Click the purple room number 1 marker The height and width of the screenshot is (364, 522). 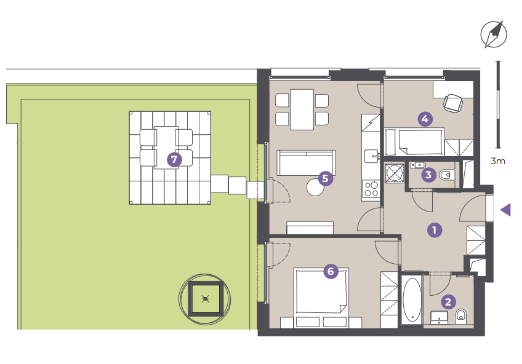pyautogui.click(x=434, y=230)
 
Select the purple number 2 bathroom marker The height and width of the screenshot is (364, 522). pyautogui.click(x=448, y=302)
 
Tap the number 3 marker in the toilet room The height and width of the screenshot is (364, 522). pyautogui.click(x=428, y=175)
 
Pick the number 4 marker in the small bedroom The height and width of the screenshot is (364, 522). pyautogui.click(x=425, y=119)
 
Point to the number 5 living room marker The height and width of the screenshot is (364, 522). pyautogui.click(x=325, y=178)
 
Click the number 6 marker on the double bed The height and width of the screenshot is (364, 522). pyautogui.click(x=331, y=271)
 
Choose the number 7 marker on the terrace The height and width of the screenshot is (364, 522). pyautogui.click(x=174, y=160)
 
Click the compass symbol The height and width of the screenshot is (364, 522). pyautogui.click(x=494, y=34)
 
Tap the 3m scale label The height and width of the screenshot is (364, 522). pyautogui.click(x=498, y=161)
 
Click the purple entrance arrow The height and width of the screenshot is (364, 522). pyautogui.click(x=507, y=210)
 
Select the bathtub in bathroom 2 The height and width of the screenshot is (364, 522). pyautogui.click(x=412, y=299)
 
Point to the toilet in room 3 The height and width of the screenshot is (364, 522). pyautogui.click(x=447, y=175)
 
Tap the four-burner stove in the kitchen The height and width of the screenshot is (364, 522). pyautogui.click(x=371, y=189)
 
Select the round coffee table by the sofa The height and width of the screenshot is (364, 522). pyautogui.click(x=315, y=188)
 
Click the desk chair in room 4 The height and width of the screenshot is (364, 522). pyautogui.click(x=453, y=103)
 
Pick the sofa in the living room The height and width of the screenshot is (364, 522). pyautogui.click(x=306, y=163)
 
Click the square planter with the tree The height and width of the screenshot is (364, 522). pyautogui.click(x=206, y=299)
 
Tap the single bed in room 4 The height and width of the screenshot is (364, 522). pyautogui.click(x=414, y=142)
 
